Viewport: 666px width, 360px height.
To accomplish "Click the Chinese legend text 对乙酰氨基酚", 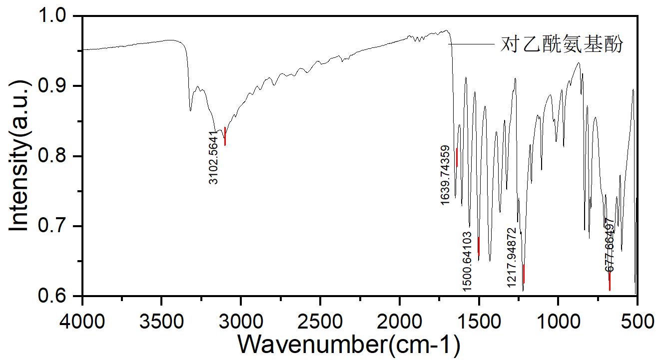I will [562, 45].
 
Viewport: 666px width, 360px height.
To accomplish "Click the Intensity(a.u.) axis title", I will [19, 156].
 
